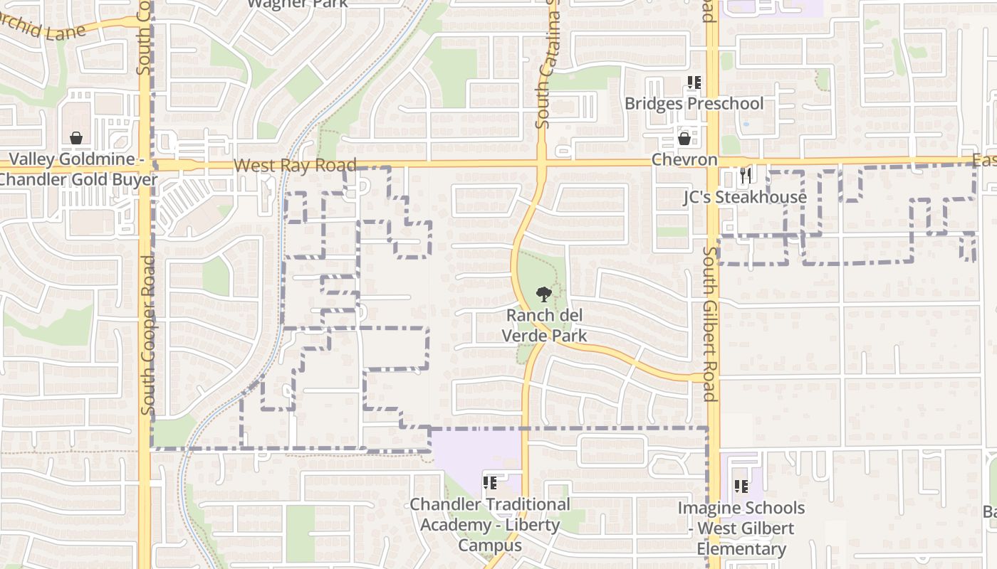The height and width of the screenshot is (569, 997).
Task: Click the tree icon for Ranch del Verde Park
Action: point(543,294)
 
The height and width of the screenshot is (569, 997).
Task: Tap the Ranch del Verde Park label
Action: point(545,325)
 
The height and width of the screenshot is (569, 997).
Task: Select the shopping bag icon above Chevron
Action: point(684,138)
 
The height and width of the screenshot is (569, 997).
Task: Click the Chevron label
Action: point(684,159)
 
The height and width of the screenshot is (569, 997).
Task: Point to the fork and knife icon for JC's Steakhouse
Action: point(745,176)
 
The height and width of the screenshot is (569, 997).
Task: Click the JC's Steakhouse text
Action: point(745,197)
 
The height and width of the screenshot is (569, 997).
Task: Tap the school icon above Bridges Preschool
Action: point(694,83)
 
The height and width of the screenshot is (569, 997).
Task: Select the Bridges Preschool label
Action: point(694,104)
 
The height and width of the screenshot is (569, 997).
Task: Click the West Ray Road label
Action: point(295,166)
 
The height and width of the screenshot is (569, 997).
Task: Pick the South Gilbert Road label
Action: point(710,324)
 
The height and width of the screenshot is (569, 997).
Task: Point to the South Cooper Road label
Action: point(148,335)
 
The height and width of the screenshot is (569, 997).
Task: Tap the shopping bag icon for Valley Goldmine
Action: point(76,138)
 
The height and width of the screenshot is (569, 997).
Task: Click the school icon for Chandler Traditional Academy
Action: point(489,483)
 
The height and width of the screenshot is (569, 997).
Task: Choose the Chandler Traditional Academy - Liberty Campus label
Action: point(489,525)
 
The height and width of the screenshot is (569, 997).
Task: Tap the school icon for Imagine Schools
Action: point(741,486)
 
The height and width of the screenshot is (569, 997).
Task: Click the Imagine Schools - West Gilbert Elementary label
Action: point(741,528)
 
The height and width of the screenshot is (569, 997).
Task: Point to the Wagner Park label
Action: point(298,4)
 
